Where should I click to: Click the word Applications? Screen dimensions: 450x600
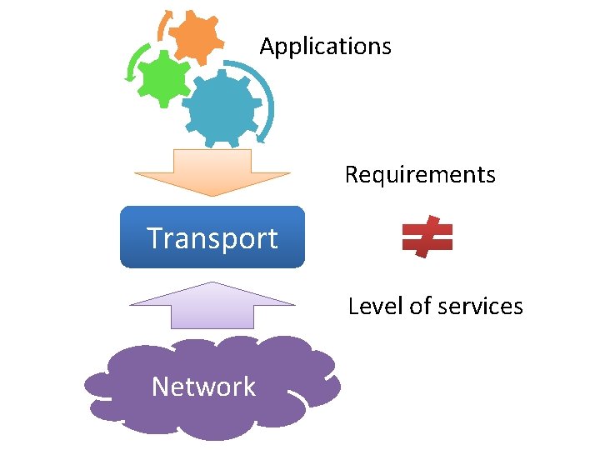coord(325,47)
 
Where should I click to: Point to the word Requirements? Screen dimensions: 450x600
coord(420,175)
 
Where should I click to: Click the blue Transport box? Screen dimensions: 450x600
coord(212,237)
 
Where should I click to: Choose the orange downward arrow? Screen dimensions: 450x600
coord(212,172)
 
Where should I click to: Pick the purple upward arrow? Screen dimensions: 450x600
coord(212,305)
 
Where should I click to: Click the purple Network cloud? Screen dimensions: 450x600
coord(212,387)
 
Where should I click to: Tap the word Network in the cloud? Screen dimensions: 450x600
coord(203,387)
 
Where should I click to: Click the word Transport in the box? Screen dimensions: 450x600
coord(212,238)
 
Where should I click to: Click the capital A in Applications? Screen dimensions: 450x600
coord(267,46)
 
